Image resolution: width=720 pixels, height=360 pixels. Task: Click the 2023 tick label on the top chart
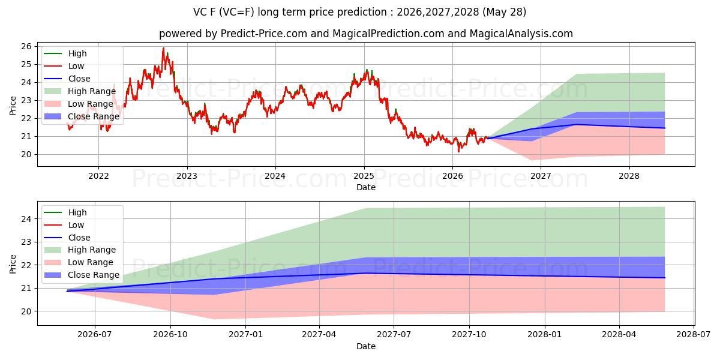point(187,176)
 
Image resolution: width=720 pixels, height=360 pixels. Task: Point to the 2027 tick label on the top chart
point(541,176)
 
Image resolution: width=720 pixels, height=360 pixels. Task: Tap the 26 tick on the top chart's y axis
point(26,47)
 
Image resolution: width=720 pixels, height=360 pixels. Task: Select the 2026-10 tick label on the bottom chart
point(170,335)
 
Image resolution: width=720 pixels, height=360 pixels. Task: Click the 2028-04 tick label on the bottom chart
point(619,335)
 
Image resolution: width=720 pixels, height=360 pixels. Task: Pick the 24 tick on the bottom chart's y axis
point(26,219)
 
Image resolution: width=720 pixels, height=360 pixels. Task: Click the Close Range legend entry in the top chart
point(82,116)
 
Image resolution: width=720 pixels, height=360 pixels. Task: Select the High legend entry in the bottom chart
point(65,212)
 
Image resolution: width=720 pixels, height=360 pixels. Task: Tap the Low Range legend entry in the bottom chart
point(79,262)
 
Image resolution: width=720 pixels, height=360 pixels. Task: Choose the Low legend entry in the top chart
point(64,66)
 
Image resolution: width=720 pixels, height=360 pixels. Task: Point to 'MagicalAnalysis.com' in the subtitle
point(521,34)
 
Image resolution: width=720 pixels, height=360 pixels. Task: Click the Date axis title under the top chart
point(366,187)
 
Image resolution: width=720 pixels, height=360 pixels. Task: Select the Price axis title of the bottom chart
point(13,264)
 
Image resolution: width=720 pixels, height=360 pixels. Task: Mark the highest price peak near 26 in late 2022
point(163,48)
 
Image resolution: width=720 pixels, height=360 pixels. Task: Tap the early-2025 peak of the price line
point(367,70)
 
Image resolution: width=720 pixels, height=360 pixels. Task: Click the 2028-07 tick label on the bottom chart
point(694,335)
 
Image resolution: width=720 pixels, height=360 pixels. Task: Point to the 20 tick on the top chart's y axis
point(26,155)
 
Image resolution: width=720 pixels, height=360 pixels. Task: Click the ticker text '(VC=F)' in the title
point(237,12)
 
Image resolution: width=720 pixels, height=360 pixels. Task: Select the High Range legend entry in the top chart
point(80,91)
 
